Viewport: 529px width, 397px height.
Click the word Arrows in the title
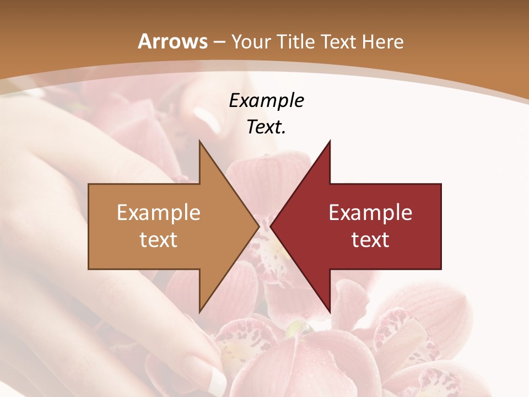tap(172, 41)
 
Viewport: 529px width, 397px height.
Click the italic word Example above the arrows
tap(266, 101)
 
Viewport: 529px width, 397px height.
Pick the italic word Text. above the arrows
tap(266, 127)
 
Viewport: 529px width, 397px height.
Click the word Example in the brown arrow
tap(159, 213)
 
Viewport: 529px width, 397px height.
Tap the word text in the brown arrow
tap(159, 239)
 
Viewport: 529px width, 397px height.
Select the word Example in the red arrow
tap(370, 213)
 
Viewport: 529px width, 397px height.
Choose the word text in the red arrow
tap(370, 239)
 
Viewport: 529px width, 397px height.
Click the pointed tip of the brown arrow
tap(258, 226)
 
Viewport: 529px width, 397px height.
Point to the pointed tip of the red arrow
tap(271, 226)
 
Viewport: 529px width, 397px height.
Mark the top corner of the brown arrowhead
tap(199, 141)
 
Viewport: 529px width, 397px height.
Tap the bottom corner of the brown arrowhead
tap(199, 312)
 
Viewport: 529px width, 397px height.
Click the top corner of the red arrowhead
tap(330, 141)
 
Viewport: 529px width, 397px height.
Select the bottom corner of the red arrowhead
tap(330, 312)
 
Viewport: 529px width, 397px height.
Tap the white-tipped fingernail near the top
tap(207, 117)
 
